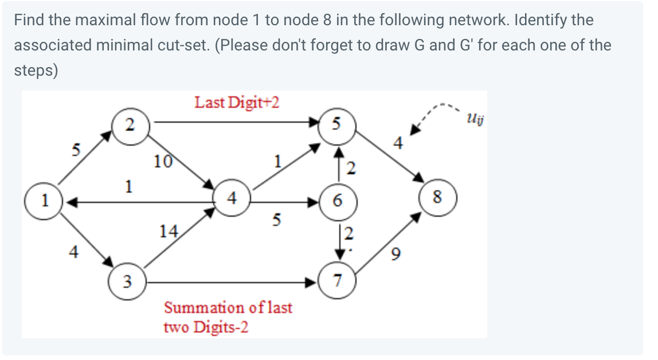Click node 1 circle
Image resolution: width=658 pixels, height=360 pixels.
click(42, 201)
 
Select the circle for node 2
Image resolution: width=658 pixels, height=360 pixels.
click(131, 124)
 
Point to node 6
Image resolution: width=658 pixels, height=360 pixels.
click(338, 201)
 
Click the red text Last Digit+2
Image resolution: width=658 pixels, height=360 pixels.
click(237, 103)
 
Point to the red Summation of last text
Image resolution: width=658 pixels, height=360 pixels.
click(228, 307)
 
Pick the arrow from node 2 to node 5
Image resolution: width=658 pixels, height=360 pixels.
click(235, 122)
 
